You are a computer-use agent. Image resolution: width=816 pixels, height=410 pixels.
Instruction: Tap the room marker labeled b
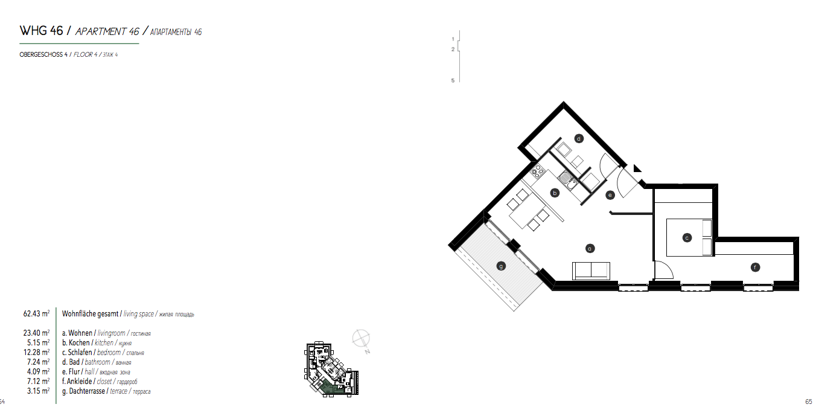(x=555, y=193)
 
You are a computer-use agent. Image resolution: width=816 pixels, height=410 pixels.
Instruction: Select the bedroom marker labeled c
(x=686, y=238)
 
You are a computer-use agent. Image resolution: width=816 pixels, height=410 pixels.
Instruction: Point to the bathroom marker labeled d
(x=578, y=138)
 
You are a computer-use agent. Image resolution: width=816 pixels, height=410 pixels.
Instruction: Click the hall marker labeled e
(x=610, y=194)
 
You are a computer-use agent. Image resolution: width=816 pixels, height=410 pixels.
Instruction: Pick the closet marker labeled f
(x=754, y=267)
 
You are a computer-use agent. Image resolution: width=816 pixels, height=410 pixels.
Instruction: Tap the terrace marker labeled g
(x=500, y=265)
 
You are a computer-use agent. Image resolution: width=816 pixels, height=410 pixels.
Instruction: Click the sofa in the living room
(x=591, y=271)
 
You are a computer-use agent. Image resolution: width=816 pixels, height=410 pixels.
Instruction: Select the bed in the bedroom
(x=689, y=238)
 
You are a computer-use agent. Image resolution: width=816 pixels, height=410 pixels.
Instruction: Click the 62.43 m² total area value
(x=36, y=314)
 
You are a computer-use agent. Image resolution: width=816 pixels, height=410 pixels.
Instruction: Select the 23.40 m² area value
(x=36, y=333)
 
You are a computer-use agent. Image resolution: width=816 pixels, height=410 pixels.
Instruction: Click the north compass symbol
(x=362, y=338)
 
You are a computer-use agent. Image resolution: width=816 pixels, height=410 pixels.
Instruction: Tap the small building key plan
(x=331, y=369)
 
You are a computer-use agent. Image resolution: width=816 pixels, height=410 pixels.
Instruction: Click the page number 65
(x=808, y=402)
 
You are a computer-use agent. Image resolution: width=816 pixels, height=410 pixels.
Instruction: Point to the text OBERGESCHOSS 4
(x=44, y=55)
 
